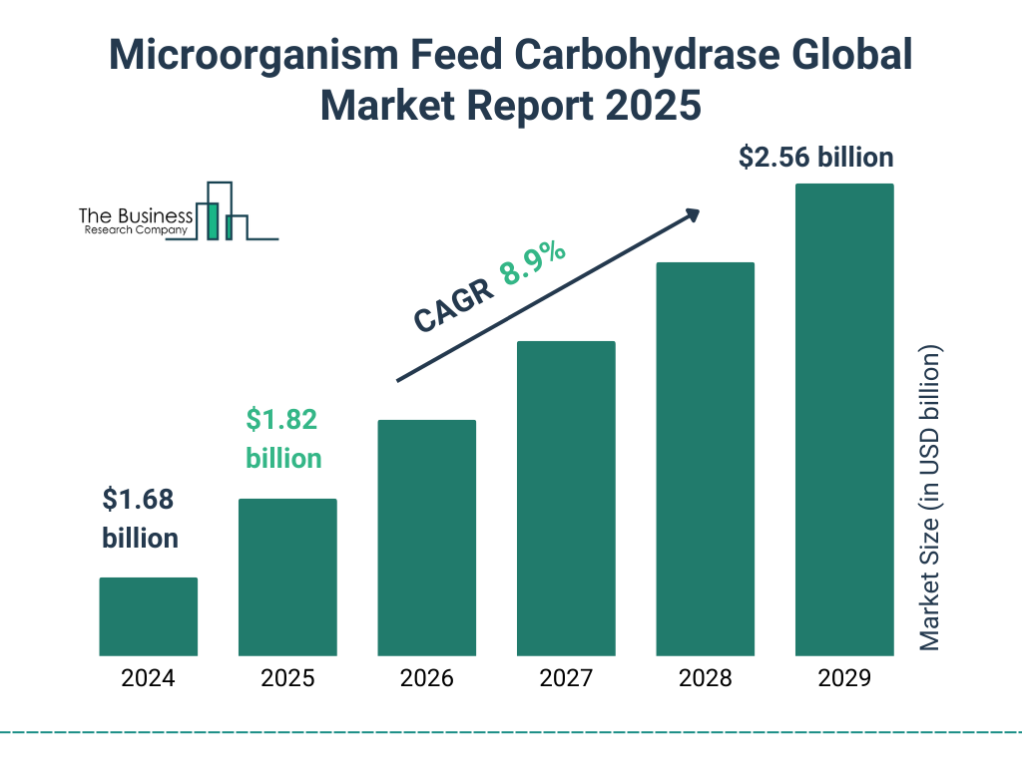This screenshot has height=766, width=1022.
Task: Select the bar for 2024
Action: pos(148,616)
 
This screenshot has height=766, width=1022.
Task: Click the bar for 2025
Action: pos(287,576)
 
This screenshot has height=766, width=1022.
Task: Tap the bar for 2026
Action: pos(426,538)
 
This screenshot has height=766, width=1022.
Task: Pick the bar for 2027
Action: pos(566,499)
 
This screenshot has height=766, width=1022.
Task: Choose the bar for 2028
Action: pos(705,459)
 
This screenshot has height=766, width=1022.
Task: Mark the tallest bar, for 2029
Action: pos(844,420)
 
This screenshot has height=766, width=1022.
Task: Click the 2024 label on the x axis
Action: pos(148,679)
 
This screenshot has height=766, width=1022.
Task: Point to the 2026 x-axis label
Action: pos(426,679)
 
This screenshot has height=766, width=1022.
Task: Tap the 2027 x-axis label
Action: pos(566,679)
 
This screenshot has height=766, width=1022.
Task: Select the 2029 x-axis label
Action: pos(844,679)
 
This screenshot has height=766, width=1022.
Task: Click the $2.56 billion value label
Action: pos(815,158)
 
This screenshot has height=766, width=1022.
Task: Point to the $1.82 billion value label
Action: pos(283,439)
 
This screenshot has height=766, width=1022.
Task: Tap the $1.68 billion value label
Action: pos(141,519)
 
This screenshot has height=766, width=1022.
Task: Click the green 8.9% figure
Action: pos(534,264)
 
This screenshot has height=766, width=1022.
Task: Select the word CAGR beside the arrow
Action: pos(452,305)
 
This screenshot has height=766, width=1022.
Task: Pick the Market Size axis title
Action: pos(930,499)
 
